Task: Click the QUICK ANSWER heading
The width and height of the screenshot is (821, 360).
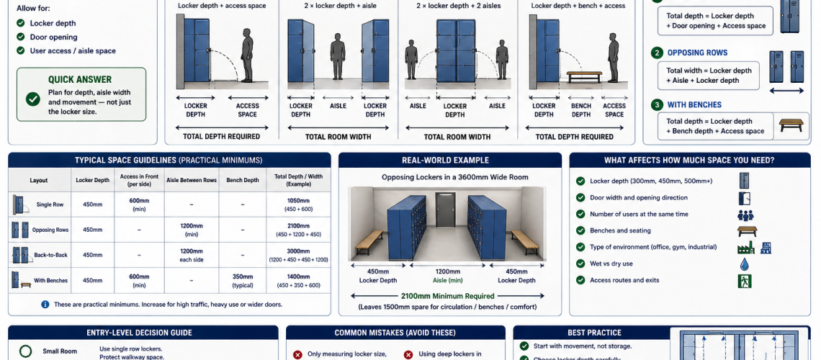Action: [x=80, y=80]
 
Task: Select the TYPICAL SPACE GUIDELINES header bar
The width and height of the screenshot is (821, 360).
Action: [x=169, y=160]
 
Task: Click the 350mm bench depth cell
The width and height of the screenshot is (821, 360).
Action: [x=242, y=280]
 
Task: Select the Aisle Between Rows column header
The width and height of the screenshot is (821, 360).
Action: [x=191, y=180]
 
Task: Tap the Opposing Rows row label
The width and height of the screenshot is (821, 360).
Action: [x=50, y=230]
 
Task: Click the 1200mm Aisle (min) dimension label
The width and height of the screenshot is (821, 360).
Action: [x=447, y=276]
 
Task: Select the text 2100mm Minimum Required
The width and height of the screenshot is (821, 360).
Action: [x=447, y=296]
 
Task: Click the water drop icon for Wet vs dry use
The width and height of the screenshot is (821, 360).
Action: [x=744, y=264]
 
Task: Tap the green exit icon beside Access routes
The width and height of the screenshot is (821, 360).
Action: [x=744, y=281]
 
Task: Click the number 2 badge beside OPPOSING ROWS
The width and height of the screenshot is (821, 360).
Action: [x=656, y=53]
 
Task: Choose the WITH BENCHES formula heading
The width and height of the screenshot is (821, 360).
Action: [x=694, y=105]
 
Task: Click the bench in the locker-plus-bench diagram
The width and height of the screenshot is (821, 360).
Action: [x=584, y=75]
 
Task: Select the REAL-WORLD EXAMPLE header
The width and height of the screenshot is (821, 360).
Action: [x=449, y=160]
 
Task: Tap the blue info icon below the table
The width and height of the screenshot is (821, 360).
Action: [x=45, y=305]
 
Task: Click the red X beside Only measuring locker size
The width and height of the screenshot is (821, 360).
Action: [x=297, y=354]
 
